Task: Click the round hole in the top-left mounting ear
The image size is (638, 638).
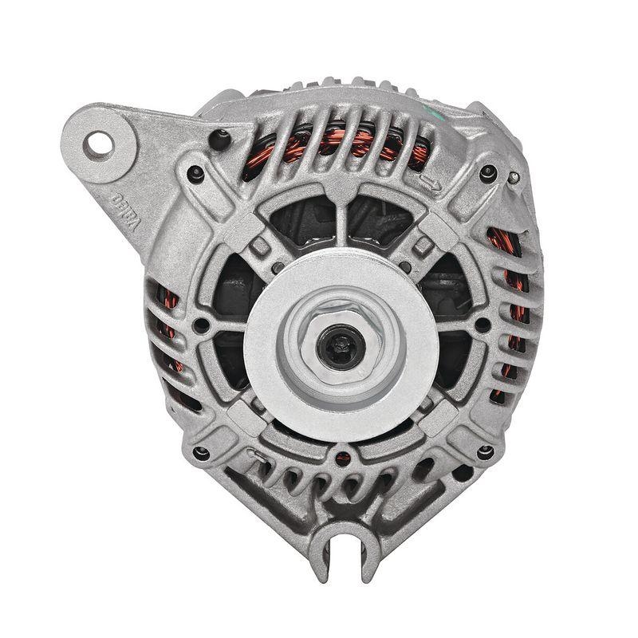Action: tap(100, 144)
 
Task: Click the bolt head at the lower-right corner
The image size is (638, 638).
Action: tap(482, 453)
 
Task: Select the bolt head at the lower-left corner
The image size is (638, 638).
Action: tap(199, 453)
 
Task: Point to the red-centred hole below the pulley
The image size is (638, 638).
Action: tap(343, 457)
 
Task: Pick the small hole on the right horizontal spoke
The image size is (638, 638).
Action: tap(482, 325)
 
